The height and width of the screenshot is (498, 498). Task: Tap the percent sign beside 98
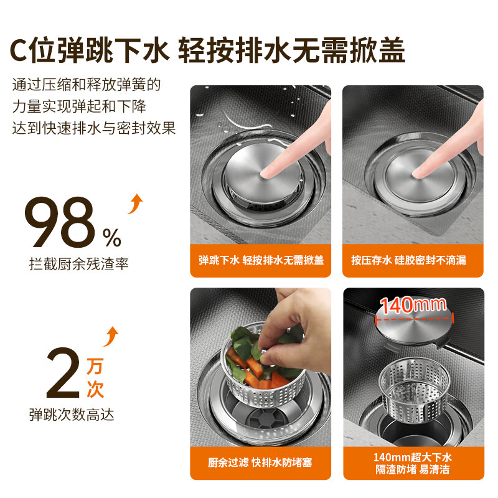click(x=112, y=237)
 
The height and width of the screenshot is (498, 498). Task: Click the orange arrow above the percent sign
click(x=134, y=204)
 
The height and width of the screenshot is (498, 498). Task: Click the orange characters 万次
click(x=95, y=377)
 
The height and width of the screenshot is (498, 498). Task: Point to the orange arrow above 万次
click(x=110, y=337)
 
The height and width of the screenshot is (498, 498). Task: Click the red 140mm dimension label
click(x=413, y=306)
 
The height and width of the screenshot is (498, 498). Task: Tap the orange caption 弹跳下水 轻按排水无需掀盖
click(x=261, y=260)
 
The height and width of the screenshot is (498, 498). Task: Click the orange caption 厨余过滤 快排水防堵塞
click(x=260, y=463)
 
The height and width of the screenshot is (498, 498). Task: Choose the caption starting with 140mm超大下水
click(x=413, y=463)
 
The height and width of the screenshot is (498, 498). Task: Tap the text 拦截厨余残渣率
click(x=78, y=264)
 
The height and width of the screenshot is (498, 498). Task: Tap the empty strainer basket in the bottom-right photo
click(x=413, y=389)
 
